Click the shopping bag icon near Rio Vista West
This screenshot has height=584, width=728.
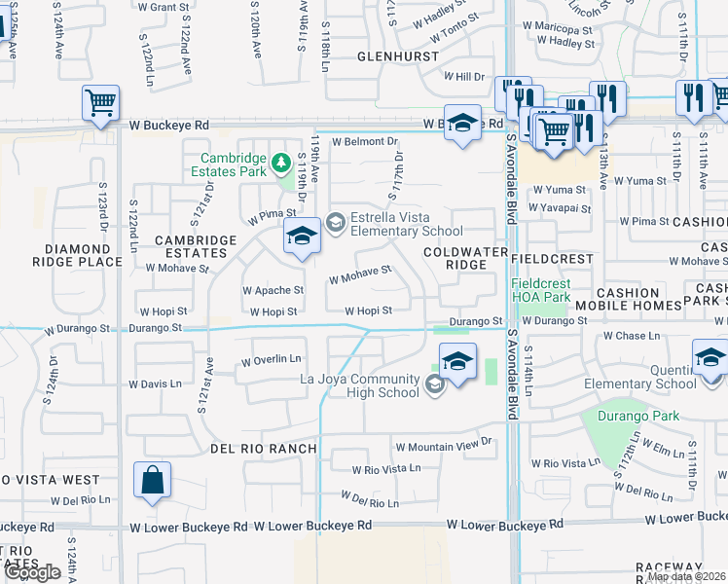[153, 480]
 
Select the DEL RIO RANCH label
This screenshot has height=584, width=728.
[264, 448]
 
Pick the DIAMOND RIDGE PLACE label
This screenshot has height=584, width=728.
[77, 255]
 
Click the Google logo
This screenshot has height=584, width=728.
[32, 571]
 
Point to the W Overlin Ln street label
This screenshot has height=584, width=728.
[272, 361]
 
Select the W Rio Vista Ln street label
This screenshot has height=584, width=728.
[386, 468]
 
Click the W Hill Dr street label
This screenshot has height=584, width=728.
[463, 76]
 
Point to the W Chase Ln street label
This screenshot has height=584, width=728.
[631, 336]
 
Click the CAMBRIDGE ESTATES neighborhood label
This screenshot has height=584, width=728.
[196, 246]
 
